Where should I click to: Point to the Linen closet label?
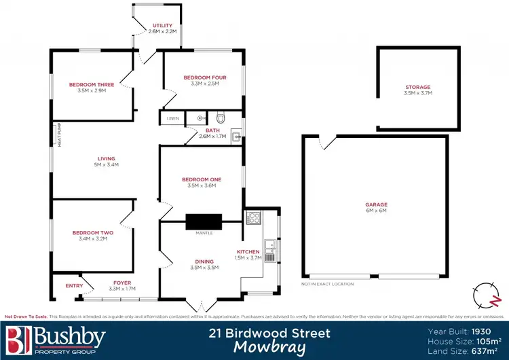pyautogui.click(x=172, y=119)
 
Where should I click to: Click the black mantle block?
pyautogui.click(x=204, y=222)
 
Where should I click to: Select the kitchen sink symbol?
pyautogui.click(x=269, y=242)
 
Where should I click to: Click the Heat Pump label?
pyautogui.click(x=60, y=135)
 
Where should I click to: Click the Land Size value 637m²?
pyautogui.click(x=487, y=350)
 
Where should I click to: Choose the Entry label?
pyautogui.click(x=74, y=286)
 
